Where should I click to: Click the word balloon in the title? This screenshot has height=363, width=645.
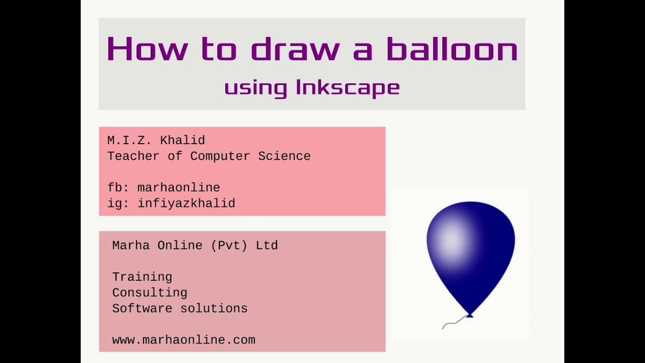[x=452, y=49]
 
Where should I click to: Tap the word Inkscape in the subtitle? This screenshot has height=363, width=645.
[x=348, y=87]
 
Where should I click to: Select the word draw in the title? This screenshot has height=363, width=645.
[x=295, y=49]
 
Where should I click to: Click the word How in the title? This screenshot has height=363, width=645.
[x=147, y=49]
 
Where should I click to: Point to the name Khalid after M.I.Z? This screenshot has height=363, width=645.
[x=182, y=141]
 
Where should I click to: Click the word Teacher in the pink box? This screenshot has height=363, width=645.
[x=134, y=156]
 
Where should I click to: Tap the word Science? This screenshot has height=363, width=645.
[x=284, y=156]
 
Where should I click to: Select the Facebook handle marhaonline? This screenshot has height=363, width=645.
[x=178, y=188]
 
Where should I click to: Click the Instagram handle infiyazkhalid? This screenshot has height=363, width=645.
[x=186, y=203]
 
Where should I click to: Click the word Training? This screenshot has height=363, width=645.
[x=142, y=277]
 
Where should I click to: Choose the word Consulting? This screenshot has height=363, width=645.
[x=150, y=292]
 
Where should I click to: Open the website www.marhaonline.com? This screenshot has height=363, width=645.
[x=183, y=340]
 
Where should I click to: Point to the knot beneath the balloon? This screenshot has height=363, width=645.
[x=470, y=315]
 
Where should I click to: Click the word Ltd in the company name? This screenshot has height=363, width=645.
[x=267, y=246]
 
